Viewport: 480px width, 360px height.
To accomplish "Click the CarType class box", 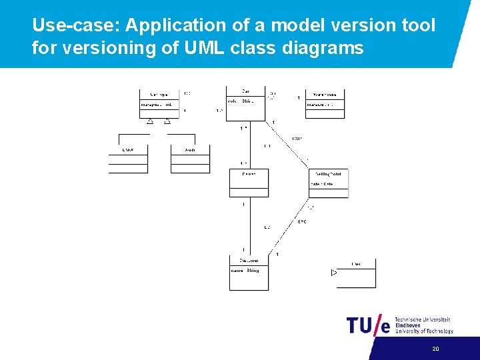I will point(159,103).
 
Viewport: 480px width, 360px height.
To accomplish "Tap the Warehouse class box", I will point(325,103).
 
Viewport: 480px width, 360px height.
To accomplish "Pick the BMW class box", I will point(128,159).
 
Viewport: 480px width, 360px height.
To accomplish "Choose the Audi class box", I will point(190,159).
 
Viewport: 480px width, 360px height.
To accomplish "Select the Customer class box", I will point(249,273).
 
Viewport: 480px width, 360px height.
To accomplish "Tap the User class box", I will point(356,273).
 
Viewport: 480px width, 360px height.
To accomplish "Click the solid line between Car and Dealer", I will point(249,146).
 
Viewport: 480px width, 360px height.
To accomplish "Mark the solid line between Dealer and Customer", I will point(249,227).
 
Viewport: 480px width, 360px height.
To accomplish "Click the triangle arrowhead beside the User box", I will point(334,273).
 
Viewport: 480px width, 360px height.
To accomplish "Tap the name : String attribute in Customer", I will point(245,271).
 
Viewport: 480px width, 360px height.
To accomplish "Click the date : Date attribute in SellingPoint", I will point(321,184).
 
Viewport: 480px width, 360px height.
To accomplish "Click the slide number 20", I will point(435,349).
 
